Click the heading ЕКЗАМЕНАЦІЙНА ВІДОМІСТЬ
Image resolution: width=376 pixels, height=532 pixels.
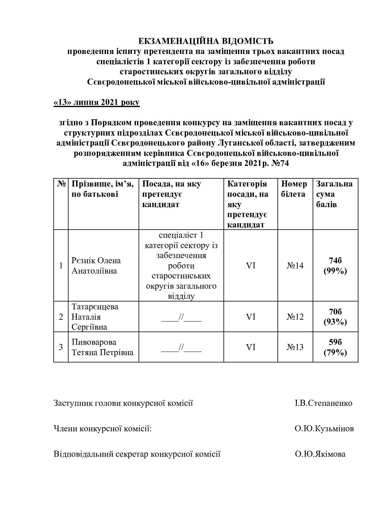(x=206, y=41)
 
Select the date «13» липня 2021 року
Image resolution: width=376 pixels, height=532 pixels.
(x=96, y=103)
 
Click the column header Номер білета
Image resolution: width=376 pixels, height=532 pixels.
(x=294, y=189)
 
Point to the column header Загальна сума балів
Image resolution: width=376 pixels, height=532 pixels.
(x=334, y=194)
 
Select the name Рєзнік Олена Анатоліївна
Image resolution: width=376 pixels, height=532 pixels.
(x=96, y=266)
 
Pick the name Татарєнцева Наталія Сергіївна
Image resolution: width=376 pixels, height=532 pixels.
(x=95, y=317)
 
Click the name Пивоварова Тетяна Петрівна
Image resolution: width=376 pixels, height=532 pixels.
(x=102, y=347)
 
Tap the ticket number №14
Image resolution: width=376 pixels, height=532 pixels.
(x=295, y=266)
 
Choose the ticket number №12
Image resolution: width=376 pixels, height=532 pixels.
(x=295, y=317)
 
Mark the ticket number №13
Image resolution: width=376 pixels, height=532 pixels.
(x=295, y=347)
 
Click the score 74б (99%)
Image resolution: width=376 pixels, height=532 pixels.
(x=335, y=266)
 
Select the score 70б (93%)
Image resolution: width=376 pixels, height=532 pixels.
(x=335, y=317)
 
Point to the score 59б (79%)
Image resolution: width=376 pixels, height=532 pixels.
(x=335, y=347)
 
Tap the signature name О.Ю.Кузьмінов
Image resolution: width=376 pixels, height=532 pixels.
(x=324, y=429)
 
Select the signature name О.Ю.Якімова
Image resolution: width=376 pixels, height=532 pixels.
(x=320, y=454)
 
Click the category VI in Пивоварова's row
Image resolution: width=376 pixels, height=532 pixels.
(x=250, y=347)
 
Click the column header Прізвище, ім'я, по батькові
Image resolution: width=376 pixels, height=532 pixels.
(x=102, y=189)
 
